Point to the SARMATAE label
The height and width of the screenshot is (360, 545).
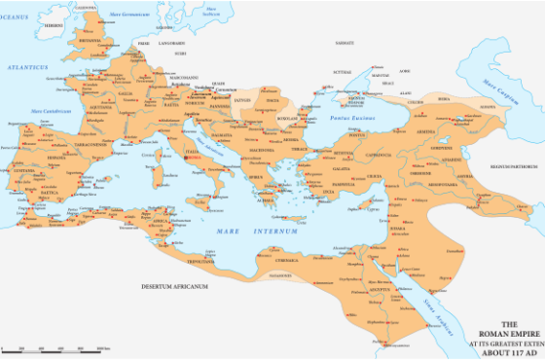pos(344,43)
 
